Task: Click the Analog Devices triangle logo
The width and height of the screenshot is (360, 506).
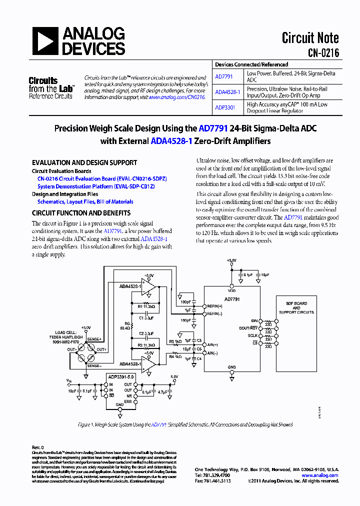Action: [45, 41]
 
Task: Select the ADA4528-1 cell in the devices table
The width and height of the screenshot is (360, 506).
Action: [227, 92]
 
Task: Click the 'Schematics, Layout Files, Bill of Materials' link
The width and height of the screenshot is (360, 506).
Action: [85, 202]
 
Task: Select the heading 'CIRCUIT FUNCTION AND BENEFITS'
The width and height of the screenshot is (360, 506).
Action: [81, 213]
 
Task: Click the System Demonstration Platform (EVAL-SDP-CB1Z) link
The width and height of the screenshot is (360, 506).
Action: [96, 186]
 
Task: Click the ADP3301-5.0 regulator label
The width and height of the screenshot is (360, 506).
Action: [120, 377]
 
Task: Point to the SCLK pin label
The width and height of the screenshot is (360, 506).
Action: [252, 336]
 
